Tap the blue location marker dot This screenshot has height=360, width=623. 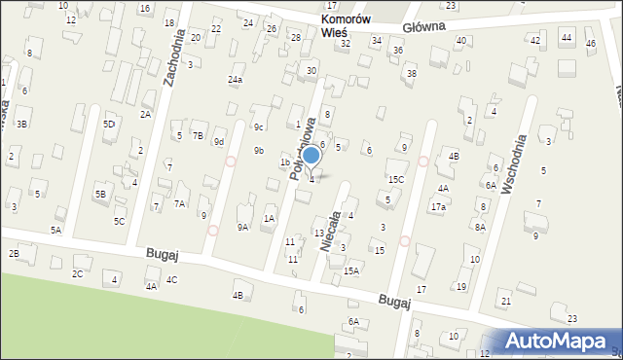click(x=311, y=155)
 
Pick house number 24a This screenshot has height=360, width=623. click(x=236, y=80)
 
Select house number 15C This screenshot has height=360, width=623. click(x=396, y=179)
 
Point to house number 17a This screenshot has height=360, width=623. click(x=439, y=207)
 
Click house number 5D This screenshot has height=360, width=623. click(x=109, y=124)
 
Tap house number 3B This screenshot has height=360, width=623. click(x=20, y=124)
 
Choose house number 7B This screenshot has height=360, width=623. click(x=198, y=135)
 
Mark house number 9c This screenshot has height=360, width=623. click(x=259, y=126)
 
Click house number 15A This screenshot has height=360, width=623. click(x=350, y=270)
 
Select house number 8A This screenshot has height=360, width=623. click(x=480, y=227)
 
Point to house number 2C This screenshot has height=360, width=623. click(x=77, y=273)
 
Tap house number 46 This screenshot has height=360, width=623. click(x=591, y=44)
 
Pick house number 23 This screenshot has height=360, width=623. click(x=571, y=319)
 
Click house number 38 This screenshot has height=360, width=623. click(x=412, y=73)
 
